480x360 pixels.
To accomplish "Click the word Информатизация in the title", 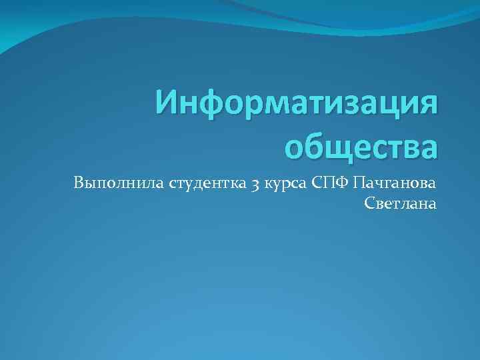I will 297,105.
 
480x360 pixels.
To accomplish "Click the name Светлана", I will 401,204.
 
